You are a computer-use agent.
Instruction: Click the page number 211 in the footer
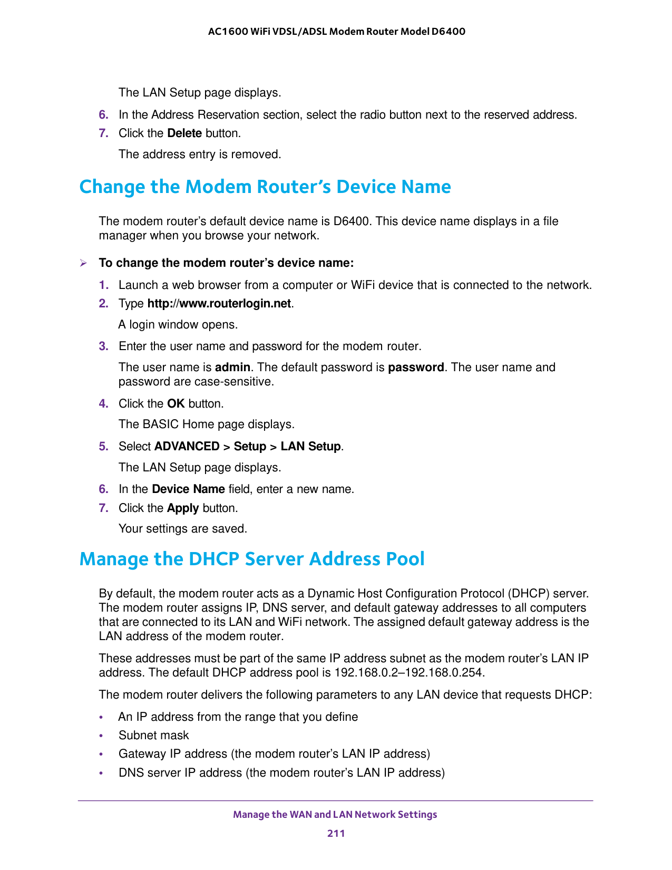click(x=336, y=833)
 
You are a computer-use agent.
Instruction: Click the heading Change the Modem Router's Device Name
click(x=265, y=187)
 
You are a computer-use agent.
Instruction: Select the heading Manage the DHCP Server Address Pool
click(x=251, y=559)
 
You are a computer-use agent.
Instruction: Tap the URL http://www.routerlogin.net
click(x=219, y=304)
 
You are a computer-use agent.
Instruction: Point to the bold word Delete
click(x=184, y=133)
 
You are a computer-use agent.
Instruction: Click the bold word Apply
click(x=182, y=508)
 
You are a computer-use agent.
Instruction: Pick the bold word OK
click(x=176, y=404)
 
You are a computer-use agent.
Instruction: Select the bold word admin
click(x=232, y=368)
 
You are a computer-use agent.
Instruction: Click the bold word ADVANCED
click(x=187, y=447)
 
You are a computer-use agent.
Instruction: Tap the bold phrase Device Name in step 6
click(x=188, y=489)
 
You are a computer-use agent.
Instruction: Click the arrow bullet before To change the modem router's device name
click(x=83, y=263)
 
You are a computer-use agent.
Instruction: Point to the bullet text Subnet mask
click(x=153, y=736)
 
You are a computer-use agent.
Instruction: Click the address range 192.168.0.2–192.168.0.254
click(x=409, y=673)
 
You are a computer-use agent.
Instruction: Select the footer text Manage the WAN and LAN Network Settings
click(x=335, y=815)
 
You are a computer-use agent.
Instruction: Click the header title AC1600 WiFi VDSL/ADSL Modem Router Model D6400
click(x=336, y=32)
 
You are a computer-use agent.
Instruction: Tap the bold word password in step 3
click(x=416, y=368)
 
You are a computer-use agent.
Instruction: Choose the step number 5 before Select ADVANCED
click(x=103, y=447)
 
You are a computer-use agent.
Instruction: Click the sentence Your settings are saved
click(x=182, y=529)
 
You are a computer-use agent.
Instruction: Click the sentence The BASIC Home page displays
click(x=206, y=424)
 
